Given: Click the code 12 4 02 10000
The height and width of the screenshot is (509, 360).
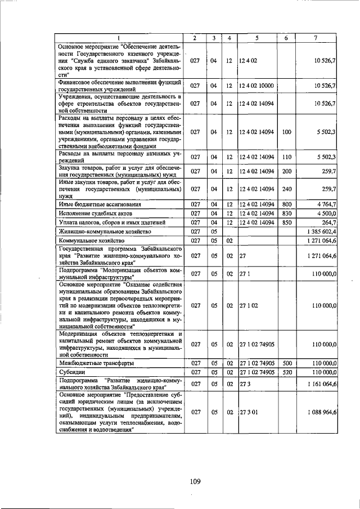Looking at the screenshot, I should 256,85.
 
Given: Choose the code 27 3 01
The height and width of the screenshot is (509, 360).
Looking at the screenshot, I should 248,412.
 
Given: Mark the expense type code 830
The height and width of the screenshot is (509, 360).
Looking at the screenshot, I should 287,213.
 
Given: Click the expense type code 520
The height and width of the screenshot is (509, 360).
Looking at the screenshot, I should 287,372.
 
